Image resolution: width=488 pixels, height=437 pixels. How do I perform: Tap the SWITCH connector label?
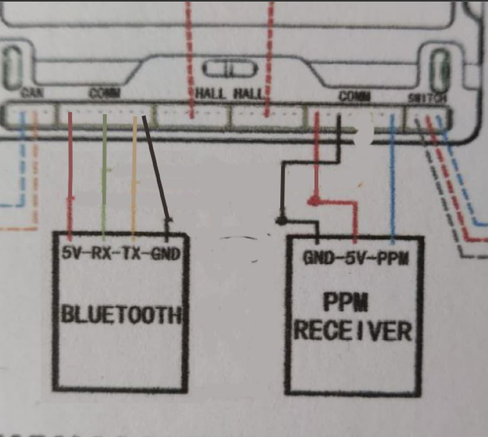pyautogui.click(x=427, y=98)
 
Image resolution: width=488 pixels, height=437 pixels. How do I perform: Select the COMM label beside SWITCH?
pyautogui.click(x=354, y=96)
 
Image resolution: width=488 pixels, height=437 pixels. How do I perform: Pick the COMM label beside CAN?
pyautogui.click(x=104, y=93)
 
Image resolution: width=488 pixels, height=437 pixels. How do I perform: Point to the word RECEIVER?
pyautogui.click(x=352, y=331)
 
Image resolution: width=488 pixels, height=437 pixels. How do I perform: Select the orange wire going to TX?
pyautogui.click(x=134, y=174)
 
